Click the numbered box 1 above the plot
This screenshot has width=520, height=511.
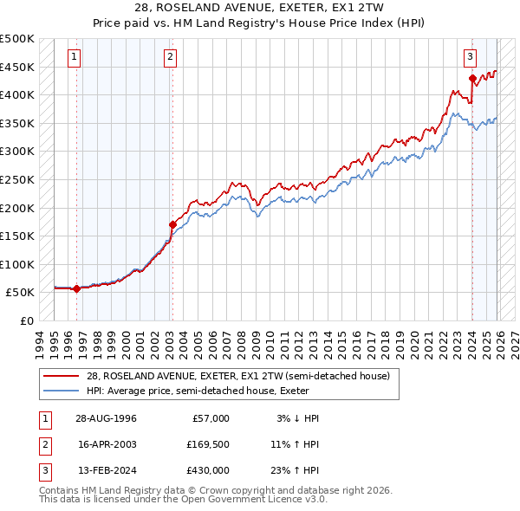point(75,58)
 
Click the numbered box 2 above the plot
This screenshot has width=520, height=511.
point(171,58)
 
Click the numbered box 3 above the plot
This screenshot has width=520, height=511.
point(470,58)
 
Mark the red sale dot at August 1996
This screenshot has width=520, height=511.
point(77,289)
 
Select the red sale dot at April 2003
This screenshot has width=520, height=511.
point(172,225)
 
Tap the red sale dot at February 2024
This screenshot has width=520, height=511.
point(472,79)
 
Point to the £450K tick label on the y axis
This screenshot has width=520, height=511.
point(17,67)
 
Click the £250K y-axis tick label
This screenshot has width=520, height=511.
point(17,179)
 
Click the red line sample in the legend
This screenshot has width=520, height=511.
point(62,376)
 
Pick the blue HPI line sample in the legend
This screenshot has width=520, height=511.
point(62,391)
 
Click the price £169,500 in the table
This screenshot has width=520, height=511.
point(207,444)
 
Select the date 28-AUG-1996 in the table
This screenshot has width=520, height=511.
point(106,418)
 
